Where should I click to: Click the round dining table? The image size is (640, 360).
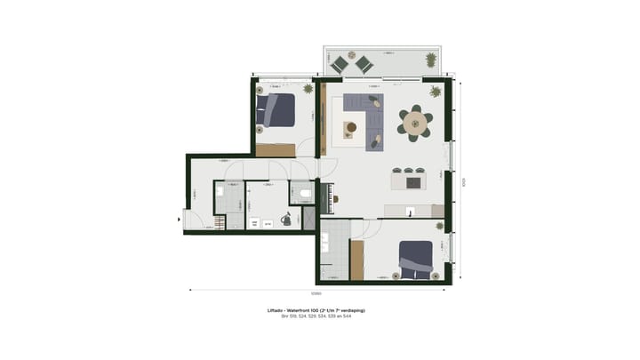coord(415,124)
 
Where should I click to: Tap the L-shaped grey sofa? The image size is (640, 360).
coord(369,116)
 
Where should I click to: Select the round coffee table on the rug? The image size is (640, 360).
coord(351,128)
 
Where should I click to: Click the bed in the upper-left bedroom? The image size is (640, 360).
coord(276,111)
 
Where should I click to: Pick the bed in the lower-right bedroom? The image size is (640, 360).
coord(415,259)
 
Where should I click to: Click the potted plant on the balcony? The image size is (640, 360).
coord(431,60)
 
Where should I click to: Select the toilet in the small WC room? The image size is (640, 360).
coord(304,193)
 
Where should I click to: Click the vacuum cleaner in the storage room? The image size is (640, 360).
coord(286,219)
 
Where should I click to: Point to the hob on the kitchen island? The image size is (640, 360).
coord(413,182)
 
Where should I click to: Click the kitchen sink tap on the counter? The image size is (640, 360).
coord(409,212)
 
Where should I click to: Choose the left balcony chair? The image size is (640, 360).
coord(339,64)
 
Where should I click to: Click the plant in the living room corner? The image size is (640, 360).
coord(436,92)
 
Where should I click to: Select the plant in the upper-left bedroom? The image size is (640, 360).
coord(308,88)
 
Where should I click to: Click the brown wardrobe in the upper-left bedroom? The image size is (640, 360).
coord(275,150)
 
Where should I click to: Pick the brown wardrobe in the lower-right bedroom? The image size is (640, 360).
coord(357,260)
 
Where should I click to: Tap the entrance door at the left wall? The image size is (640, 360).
coord(186,219)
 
